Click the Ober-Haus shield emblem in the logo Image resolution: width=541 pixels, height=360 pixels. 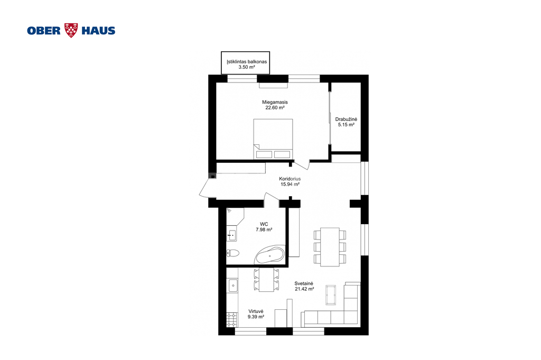[x=71, y=30]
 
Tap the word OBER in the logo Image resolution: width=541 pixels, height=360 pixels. [x=44, y=31]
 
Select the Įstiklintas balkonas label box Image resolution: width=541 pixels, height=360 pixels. [x=245, y=62]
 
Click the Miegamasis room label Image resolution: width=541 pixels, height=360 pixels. [x=275, y=102]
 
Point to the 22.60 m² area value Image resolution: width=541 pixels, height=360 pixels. [x=275, y=108]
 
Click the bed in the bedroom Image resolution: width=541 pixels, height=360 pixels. [x=273, y=139]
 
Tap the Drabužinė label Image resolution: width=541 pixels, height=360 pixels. [x=346, y=119]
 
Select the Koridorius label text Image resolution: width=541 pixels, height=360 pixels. [x=290, y=179]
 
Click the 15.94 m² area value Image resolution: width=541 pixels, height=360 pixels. [x=290, y=184]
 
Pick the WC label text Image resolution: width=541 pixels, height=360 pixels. [x=264, y=224]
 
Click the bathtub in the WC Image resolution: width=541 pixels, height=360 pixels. [x=270, y=255]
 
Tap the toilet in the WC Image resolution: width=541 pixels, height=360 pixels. [x=233, y=253]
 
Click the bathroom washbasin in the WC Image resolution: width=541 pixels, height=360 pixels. [x=232, y=235]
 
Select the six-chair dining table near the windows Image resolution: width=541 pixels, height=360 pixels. [x=330, y=247]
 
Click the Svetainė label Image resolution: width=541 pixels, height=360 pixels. [x=304, y=284]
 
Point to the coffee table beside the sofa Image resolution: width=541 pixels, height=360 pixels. [x=331, y=295]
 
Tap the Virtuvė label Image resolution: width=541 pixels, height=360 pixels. [x=256, y=311]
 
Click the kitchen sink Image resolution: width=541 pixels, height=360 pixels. [x=232, y=286]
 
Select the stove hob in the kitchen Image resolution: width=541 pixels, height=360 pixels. [x=232, y=320]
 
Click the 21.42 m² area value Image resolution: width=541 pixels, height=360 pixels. [x=304, y=289]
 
